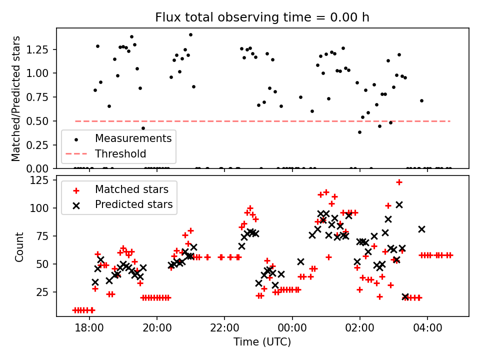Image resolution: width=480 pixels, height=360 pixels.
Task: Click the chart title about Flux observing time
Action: (262, 17)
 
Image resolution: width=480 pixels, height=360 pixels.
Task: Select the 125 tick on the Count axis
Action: (41, 180)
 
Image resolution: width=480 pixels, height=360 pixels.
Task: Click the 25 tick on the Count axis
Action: (44, 291)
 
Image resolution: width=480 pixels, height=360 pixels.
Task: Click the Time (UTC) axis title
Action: (262, 342)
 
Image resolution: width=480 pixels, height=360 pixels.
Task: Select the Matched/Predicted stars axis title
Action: (16, 98)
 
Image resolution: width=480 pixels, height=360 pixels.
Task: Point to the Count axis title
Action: (19, 246)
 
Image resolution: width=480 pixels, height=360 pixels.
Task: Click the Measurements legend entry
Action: (133, 138)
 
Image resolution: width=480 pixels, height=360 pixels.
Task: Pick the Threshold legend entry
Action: (120, 153)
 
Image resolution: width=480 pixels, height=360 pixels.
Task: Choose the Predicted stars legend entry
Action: (134, 204)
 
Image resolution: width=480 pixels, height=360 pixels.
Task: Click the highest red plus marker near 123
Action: (399, 182)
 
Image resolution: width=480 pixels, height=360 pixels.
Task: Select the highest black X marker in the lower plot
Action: (399, 204)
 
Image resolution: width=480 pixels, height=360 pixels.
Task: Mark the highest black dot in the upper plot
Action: (190, 34)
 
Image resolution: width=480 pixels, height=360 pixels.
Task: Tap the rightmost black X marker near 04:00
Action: (421, 229)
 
